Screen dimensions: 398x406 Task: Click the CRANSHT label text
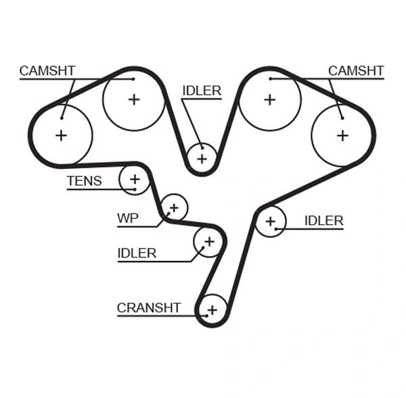[148, 308]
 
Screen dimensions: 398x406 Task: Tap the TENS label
[84, 181]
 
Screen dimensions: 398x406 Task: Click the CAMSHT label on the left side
[47, 71]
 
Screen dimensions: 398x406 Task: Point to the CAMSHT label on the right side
[356, 71]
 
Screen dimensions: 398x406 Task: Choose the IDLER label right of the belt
[323, 221]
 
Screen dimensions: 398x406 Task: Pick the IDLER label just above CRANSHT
[137, 253]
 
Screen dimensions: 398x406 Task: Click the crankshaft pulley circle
[212, 310]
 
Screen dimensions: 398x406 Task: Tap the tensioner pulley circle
[135, 179]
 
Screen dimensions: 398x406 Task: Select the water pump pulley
[175, 207]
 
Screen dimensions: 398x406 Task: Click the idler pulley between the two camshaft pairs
[201, 158]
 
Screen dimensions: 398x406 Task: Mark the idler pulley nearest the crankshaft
[208, 241]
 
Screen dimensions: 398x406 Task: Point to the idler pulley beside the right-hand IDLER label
[271, 221]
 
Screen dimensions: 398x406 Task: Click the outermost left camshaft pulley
[61, 135]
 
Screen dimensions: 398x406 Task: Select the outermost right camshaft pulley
[342, 135]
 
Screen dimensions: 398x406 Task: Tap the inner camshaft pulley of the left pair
[133, 99]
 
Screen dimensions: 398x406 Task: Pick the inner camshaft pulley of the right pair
[270, 99]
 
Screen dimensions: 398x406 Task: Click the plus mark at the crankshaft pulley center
[212, 310]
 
